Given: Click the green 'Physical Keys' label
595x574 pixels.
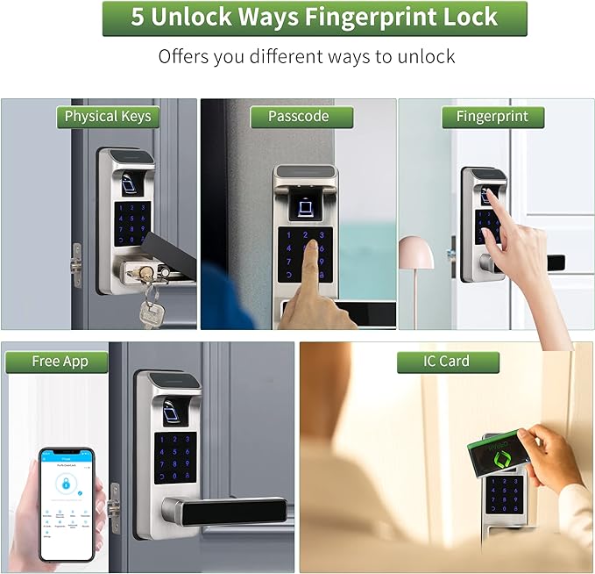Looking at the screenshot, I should [x=108, y=117].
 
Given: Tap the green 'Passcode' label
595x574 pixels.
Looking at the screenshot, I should [x=299, y=117].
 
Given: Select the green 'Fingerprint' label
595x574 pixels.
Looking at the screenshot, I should [x=492, y=117].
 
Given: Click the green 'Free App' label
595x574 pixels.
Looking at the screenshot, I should [x=58, y=362].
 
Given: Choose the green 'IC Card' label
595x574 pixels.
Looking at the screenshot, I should [x=446, y=362].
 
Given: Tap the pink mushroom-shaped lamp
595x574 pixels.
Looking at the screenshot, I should [x=415, y=254].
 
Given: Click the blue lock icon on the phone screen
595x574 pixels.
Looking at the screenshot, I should [x=64, y=484].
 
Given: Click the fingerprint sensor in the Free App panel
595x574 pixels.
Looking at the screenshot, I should [x=175, y=409].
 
